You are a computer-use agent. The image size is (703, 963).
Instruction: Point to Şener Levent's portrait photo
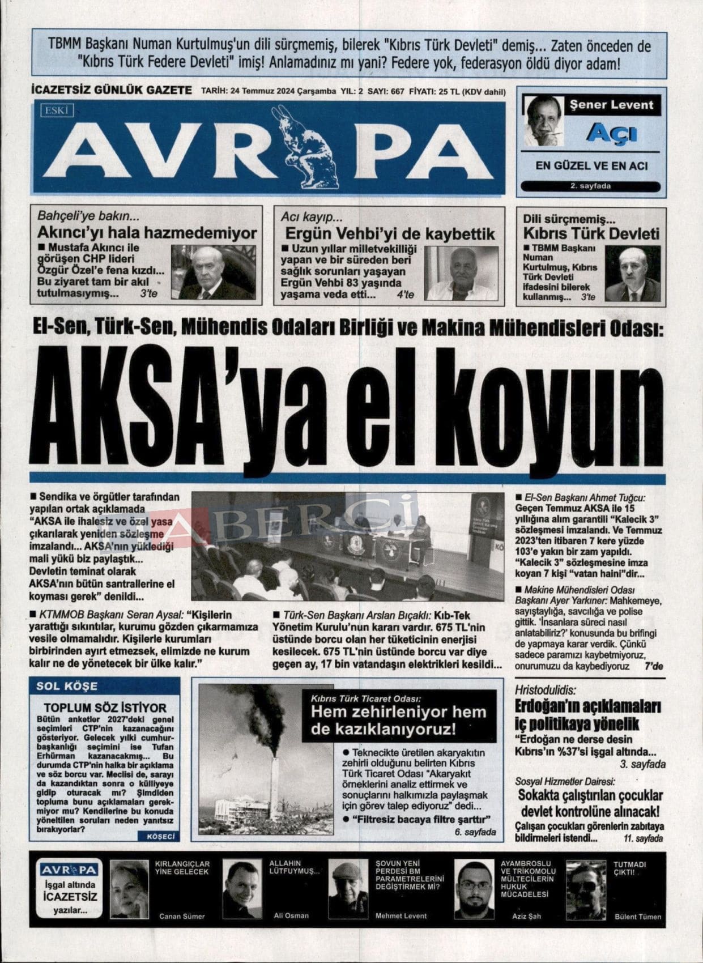point(543,121)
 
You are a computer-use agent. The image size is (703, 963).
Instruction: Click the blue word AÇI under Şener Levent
point(611,133)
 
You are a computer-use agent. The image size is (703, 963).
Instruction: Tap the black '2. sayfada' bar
point(590,186)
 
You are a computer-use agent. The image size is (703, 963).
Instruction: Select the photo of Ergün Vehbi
point(461,273)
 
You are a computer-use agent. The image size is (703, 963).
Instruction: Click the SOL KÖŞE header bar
point(105,686)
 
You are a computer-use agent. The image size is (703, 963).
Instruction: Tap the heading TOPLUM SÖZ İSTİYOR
point(105,708)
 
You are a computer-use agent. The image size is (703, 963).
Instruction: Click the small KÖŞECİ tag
point(158,836)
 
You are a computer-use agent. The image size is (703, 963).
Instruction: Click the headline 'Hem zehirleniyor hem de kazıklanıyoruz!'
point(398,720)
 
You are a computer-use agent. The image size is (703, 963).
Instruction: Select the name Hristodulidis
point(545,690)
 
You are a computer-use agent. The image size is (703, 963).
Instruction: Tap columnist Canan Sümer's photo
point(129,889)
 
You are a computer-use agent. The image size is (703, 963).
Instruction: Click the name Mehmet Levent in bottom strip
point(401,915)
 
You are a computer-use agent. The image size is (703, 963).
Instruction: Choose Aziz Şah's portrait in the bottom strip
point(474,889)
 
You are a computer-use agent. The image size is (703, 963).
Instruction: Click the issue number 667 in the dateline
point(397,92)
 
